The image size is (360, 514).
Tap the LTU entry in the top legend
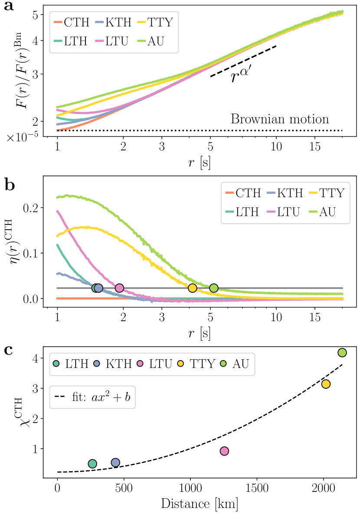pyautogui.click(x=111, y=41)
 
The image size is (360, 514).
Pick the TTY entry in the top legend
pyautogui.click(x=155, y=23)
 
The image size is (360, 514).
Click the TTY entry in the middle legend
pyautogui.click(x=327, y=193)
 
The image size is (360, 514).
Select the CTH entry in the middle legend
pyautogui.click(x=243, y=193)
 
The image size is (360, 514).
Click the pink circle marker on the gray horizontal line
pyautogui.click(x=119, y=288)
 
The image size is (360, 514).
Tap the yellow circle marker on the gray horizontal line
pyautogui.click(x=192, y=288)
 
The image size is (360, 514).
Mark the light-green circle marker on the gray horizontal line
pyautogui.click(x=213, y=288)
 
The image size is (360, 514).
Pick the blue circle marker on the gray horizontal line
pyautogui.click(x=98, y=288)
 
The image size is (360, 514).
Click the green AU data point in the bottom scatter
pyautogui.click(x=342, y=353)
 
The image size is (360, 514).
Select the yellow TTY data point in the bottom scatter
pyautogui.click(x=326, y=384)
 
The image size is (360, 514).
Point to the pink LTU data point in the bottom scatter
pyautogui.click(x=224, y=451)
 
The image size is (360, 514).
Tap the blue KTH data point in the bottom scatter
pyautogui.click(x=115, y=462)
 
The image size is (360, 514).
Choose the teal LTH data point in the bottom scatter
pyautogui.click(x=92, y=464)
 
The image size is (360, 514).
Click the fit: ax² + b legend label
pyautogui.click(x=93, y=397)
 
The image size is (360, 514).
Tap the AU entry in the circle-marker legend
pyautogui.click(x=235, y=364)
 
